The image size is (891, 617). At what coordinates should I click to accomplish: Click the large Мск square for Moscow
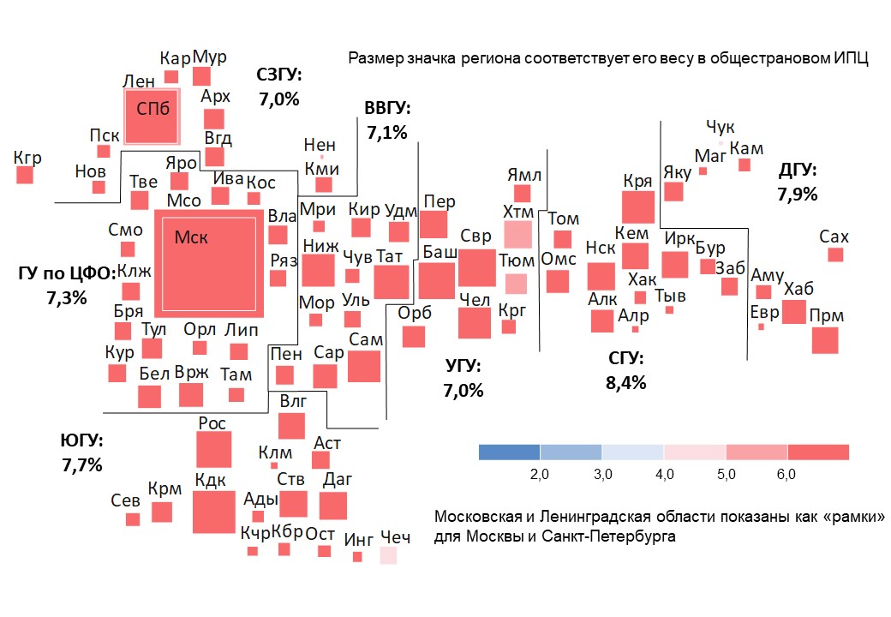(x=208, y=263)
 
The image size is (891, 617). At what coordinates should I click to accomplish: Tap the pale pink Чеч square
(x=388, y=555)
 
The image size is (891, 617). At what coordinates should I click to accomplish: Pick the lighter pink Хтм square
(x=517, y=234)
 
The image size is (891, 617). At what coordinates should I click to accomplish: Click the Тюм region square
(x=516, y=284)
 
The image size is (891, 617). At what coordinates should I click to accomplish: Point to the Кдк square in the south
(x=213, y=512)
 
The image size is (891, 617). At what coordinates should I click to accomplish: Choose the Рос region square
(x=213, y=450)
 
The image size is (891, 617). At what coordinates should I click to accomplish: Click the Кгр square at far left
(x=24, y=175)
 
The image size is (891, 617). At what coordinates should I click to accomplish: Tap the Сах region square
(x=835, y=255)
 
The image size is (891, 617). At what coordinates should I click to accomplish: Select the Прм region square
(x=825, y=340)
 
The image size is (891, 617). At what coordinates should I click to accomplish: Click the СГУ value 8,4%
(x=625, y=383)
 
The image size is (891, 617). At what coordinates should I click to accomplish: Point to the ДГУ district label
(x=797, y=170)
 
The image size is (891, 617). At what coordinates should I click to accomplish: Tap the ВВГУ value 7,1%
(x=386, y=133)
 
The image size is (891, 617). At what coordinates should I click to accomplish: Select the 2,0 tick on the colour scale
(x=540, y=474)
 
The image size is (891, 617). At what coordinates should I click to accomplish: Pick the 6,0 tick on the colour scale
(x=786, y=474)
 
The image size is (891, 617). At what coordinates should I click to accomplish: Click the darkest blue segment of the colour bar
(x=509, y=452)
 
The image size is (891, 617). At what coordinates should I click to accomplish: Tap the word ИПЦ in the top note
(x=852, y=59)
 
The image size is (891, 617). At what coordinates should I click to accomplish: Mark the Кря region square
(x=637, y=207)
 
